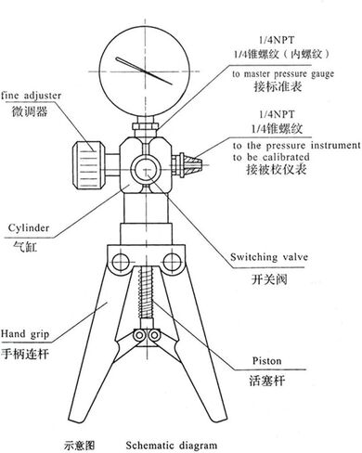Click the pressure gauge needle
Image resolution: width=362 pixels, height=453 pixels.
[x=144, y=71]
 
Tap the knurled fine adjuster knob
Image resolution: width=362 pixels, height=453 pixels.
[x=88, y=164]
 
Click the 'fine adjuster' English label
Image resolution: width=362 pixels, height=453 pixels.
[x=32, y=96]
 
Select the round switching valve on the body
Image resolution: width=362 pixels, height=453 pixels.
[x=146, y=170]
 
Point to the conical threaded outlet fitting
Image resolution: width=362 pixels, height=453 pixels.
[x=192, y=164]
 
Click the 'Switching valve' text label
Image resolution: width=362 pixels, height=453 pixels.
[x=269, y=257]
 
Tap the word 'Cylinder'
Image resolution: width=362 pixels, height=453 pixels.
[x=29, y=228]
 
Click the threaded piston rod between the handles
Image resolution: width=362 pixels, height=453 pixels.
[x=146, y=292]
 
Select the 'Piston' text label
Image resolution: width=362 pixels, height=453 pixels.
[x=266, y=361]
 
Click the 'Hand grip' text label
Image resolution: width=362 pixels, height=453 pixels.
[x=25, y=334]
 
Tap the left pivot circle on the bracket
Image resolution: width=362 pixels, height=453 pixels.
[x=121, y=262]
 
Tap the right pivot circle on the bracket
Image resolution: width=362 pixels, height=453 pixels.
[x=172, y=262]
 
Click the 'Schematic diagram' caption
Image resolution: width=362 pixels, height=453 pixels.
[x=172, y=446]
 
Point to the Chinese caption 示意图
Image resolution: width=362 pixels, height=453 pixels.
[x=79, y=446]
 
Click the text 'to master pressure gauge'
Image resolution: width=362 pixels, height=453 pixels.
[x=283, y=74]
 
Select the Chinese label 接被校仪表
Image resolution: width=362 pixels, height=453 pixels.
[x=276, y=169]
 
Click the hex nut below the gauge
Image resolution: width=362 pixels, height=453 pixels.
[x=146, y=126]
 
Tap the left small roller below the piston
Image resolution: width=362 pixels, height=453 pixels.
[x=139, y=335]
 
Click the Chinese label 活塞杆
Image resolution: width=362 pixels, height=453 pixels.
[x=266, y=381]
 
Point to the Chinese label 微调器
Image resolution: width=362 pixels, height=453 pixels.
[x=30, y=111]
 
